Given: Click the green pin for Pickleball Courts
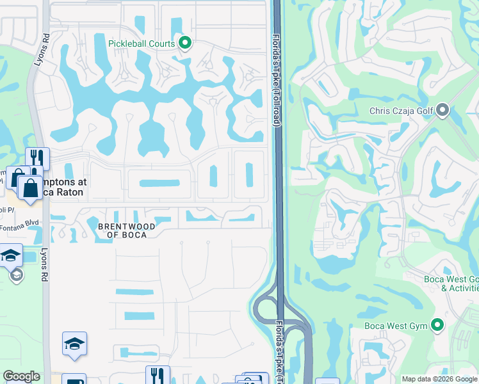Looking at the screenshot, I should pyautogui.click(x=186, y=44).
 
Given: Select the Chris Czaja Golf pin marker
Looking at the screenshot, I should pyautogui.click(x=442, y=111).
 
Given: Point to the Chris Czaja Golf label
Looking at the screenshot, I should pyautogui.click(x=402, y=111).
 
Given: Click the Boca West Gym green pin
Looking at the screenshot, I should pyautogui.click(x=438, y=325).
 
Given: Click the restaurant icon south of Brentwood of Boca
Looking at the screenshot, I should pyautogui.click(x=157, y=376).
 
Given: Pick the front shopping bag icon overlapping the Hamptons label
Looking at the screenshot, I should pyautogui.click(x=30, y=188).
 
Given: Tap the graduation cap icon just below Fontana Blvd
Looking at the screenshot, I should pyautogui.click(x=10, y=255).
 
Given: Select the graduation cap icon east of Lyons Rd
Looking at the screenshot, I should pyautogui.click(x=74, y=344).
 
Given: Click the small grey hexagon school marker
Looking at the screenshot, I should pyautogui.click(x=17, y=275).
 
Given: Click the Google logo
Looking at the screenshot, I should pyautogui.click(x=22, y=376).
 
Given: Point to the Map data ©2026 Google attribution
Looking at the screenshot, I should pyautogui.click(x=439, y=379).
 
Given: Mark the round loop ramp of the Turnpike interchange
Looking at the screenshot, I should pyautogui.click(x=264, y=307).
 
